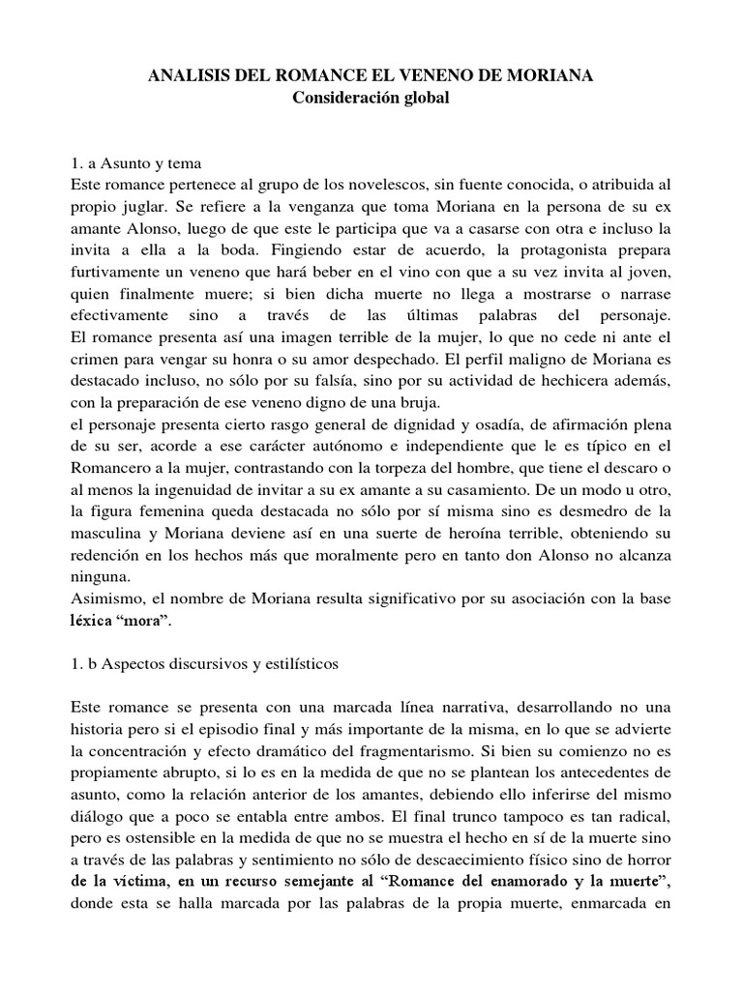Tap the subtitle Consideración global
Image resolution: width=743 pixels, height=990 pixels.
tap(371, 100)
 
